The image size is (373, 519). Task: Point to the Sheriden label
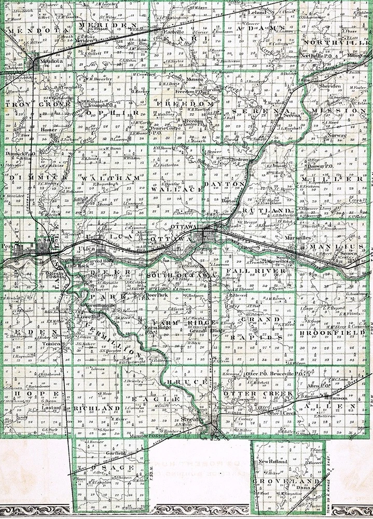click(x=330, y=86)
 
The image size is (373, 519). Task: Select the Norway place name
click(x=337, y=135)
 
